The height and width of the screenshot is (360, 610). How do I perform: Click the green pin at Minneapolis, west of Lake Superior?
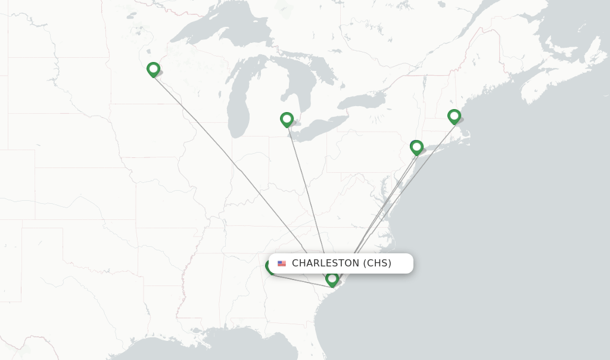click(x=153, y=70)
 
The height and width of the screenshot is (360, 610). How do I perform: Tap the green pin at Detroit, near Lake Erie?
click(x=287, y=120)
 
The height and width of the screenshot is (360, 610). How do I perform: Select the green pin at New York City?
click(x=416, y=147)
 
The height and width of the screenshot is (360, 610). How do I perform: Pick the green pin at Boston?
click(x=454, y=116)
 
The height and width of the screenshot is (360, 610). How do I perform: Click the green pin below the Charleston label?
click(x=332, y=279)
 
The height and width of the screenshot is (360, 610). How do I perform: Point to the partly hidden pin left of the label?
click(x=270, y=268)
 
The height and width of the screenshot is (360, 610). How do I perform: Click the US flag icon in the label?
click(x=282, y=263)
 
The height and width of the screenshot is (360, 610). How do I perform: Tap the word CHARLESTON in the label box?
click(x=325, y=263)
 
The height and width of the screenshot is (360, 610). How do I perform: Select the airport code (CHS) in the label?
click(x=377, y=263)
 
